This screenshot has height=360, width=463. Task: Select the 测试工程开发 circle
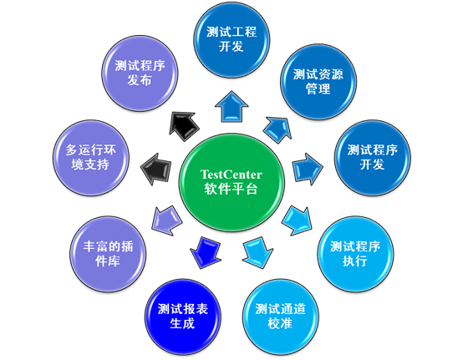coord(231,39)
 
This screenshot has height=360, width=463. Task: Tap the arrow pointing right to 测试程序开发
coord(308,167)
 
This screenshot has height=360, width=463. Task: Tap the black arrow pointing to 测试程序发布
coord(181,126)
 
